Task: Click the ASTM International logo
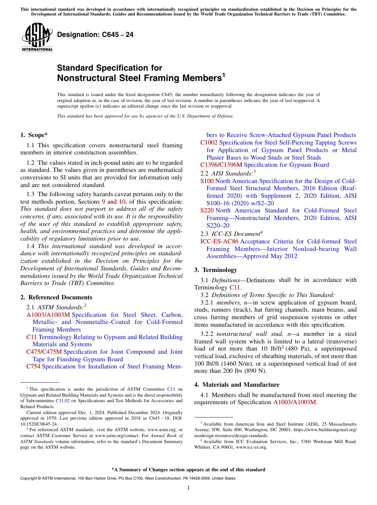tap(37, 37)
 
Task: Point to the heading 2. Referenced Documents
tap(56, 297)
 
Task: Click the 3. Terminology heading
tap(215, 270)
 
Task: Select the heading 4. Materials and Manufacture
tap(237, 385)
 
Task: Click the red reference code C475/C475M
tap(44, 352)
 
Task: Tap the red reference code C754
tap(33, 366)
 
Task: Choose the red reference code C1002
tap(209, 143)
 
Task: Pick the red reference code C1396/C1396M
tap(221, 165)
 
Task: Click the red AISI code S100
tap(207, 181)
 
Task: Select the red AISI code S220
tap(207, 210)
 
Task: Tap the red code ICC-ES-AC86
tap(219, 241)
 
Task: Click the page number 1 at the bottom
tap(188, 488)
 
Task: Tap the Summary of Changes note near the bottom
tap(188, 470)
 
